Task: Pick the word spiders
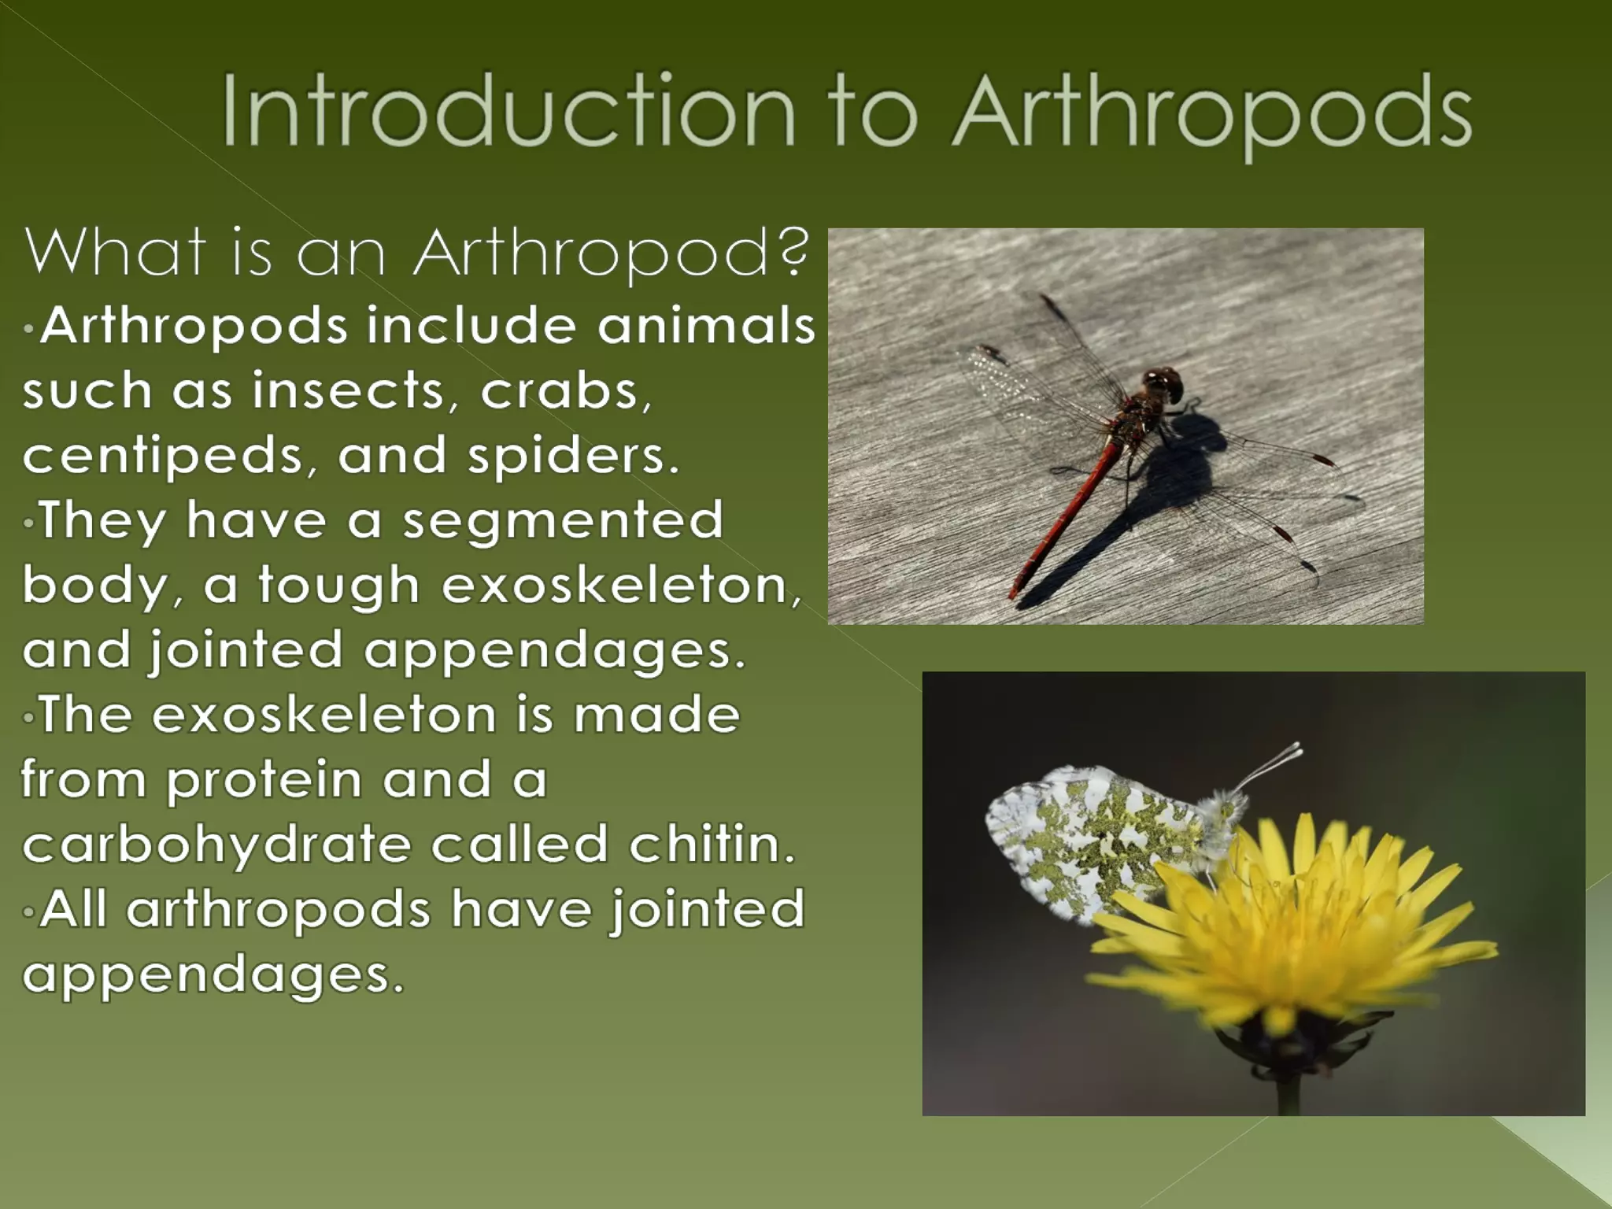(x=572, y=456)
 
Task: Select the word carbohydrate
(x=217, y=845)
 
